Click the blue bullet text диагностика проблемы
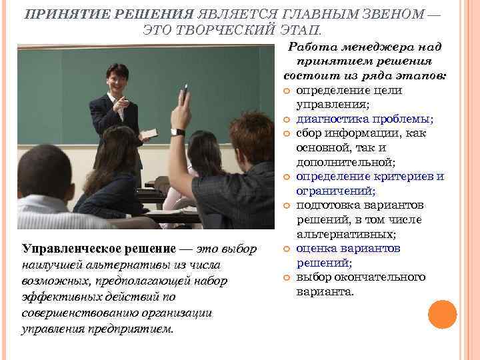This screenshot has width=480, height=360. coord(363,119)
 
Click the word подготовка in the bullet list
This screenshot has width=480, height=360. coord(327,205)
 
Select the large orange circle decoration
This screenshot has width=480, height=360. coord(442,315)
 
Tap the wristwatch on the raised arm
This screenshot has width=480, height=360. coord(177,132)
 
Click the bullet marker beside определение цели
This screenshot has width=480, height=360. coord(287,91)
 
